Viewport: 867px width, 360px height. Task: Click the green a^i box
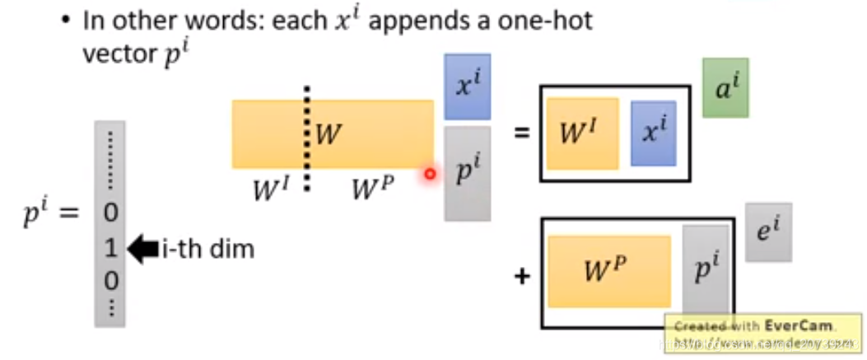tap(725, 87)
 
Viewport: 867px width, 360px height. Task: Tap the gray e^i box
tap(769, 232)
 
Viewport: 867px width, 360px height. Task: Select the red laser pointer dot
tap(430, 175)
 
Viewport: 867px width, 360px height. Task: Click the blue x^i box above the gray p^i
tap(467, 87)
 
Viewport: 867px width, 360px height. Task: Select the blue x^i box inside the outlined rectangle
tap(653, 133)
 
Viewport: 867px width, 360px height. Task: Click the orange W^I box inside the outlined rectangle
tap(582, 133)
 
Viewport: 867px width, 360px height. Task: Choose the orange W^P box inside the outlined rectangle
tap(609, 271)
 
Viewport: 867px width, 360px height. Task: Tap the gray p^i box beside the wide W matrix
tap(467, 173)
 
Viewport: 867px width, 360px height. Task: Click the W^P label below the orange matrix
tap(371, 189)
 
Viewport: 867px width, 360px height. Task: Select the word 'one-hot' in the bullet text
tap(547, 21)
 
